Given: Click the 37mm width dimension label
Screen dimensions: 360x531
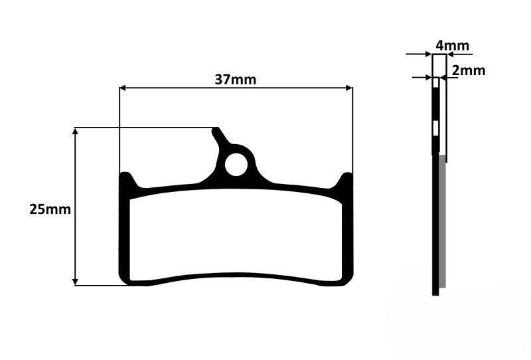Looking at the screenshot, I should click(x=235, y=79).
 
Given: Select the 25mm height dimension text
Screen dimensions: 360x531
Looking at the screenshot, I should click(x=50, y=209).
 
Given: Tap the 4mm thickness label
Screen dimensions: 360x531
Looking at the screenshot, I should click(x=452, y=46).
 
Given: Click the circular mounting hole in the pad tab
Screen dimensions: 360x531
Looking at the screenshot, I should click(x=235, y=165).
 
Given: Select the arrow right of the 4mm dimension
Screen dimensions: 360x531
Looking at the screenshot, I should click(x=451, y=55).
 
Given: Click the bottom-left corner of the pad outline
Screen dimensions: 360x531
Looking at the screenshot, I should click(x=124, y=282).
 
